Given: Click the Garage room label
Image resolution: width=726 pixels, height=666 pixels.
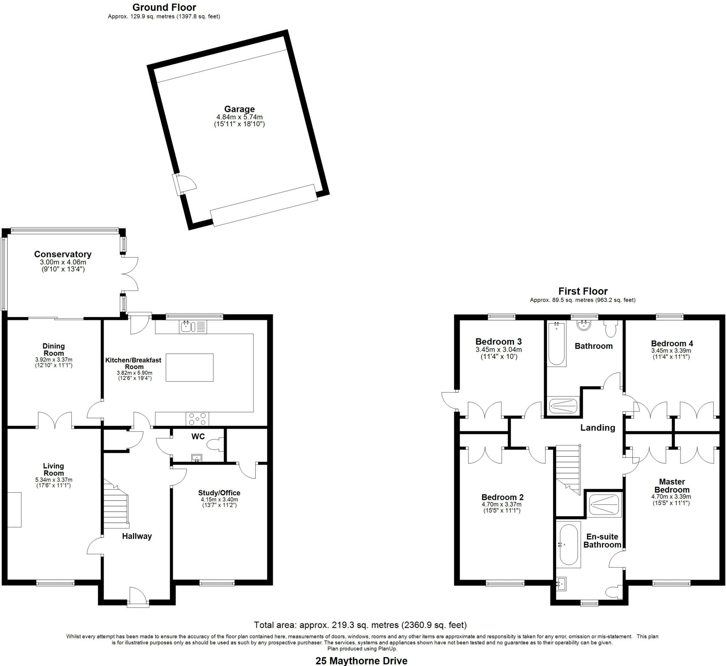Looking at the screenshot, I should pyautogui.click(x=239, y=109).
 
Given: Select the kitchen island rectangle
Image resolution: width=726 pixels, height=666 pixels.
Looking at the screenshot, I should pyautogui.click(x=189, y=367).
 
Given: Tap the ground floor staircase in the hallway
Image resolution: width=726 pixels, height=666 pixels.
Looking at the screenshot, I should pyautogui.click(x=116, y=507).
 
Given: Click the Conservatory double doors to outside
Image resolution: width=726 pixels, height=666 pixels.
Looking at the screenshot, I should pyautogui.click(x=130, y=274).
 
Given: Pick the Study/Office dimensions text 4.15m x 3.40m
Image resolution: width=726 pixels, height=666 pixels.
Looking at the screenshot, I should pyautogui.click(x=219, y=499).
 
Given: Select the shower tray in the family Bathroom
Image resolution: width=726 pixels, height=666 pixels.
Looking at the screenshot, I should pyautogui.click(x=563, y=406).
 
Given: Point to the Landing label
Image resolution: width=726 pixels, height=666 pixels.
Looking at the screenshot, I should pyautogui.click(x=597, y=428).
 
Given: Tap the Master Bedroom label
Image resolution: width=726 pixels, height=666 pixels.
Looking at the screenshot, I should pyautogui.click(x=672, y=486).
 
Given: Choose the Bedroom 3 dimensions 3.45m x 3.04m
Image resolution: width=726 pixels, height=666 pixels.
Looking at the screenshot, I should pyautogui.click(x=498, y=349).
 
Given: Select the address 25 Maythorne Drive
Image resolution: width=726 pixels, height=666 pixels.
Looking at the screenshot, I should pyautogui.click(x=361, y=661).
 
